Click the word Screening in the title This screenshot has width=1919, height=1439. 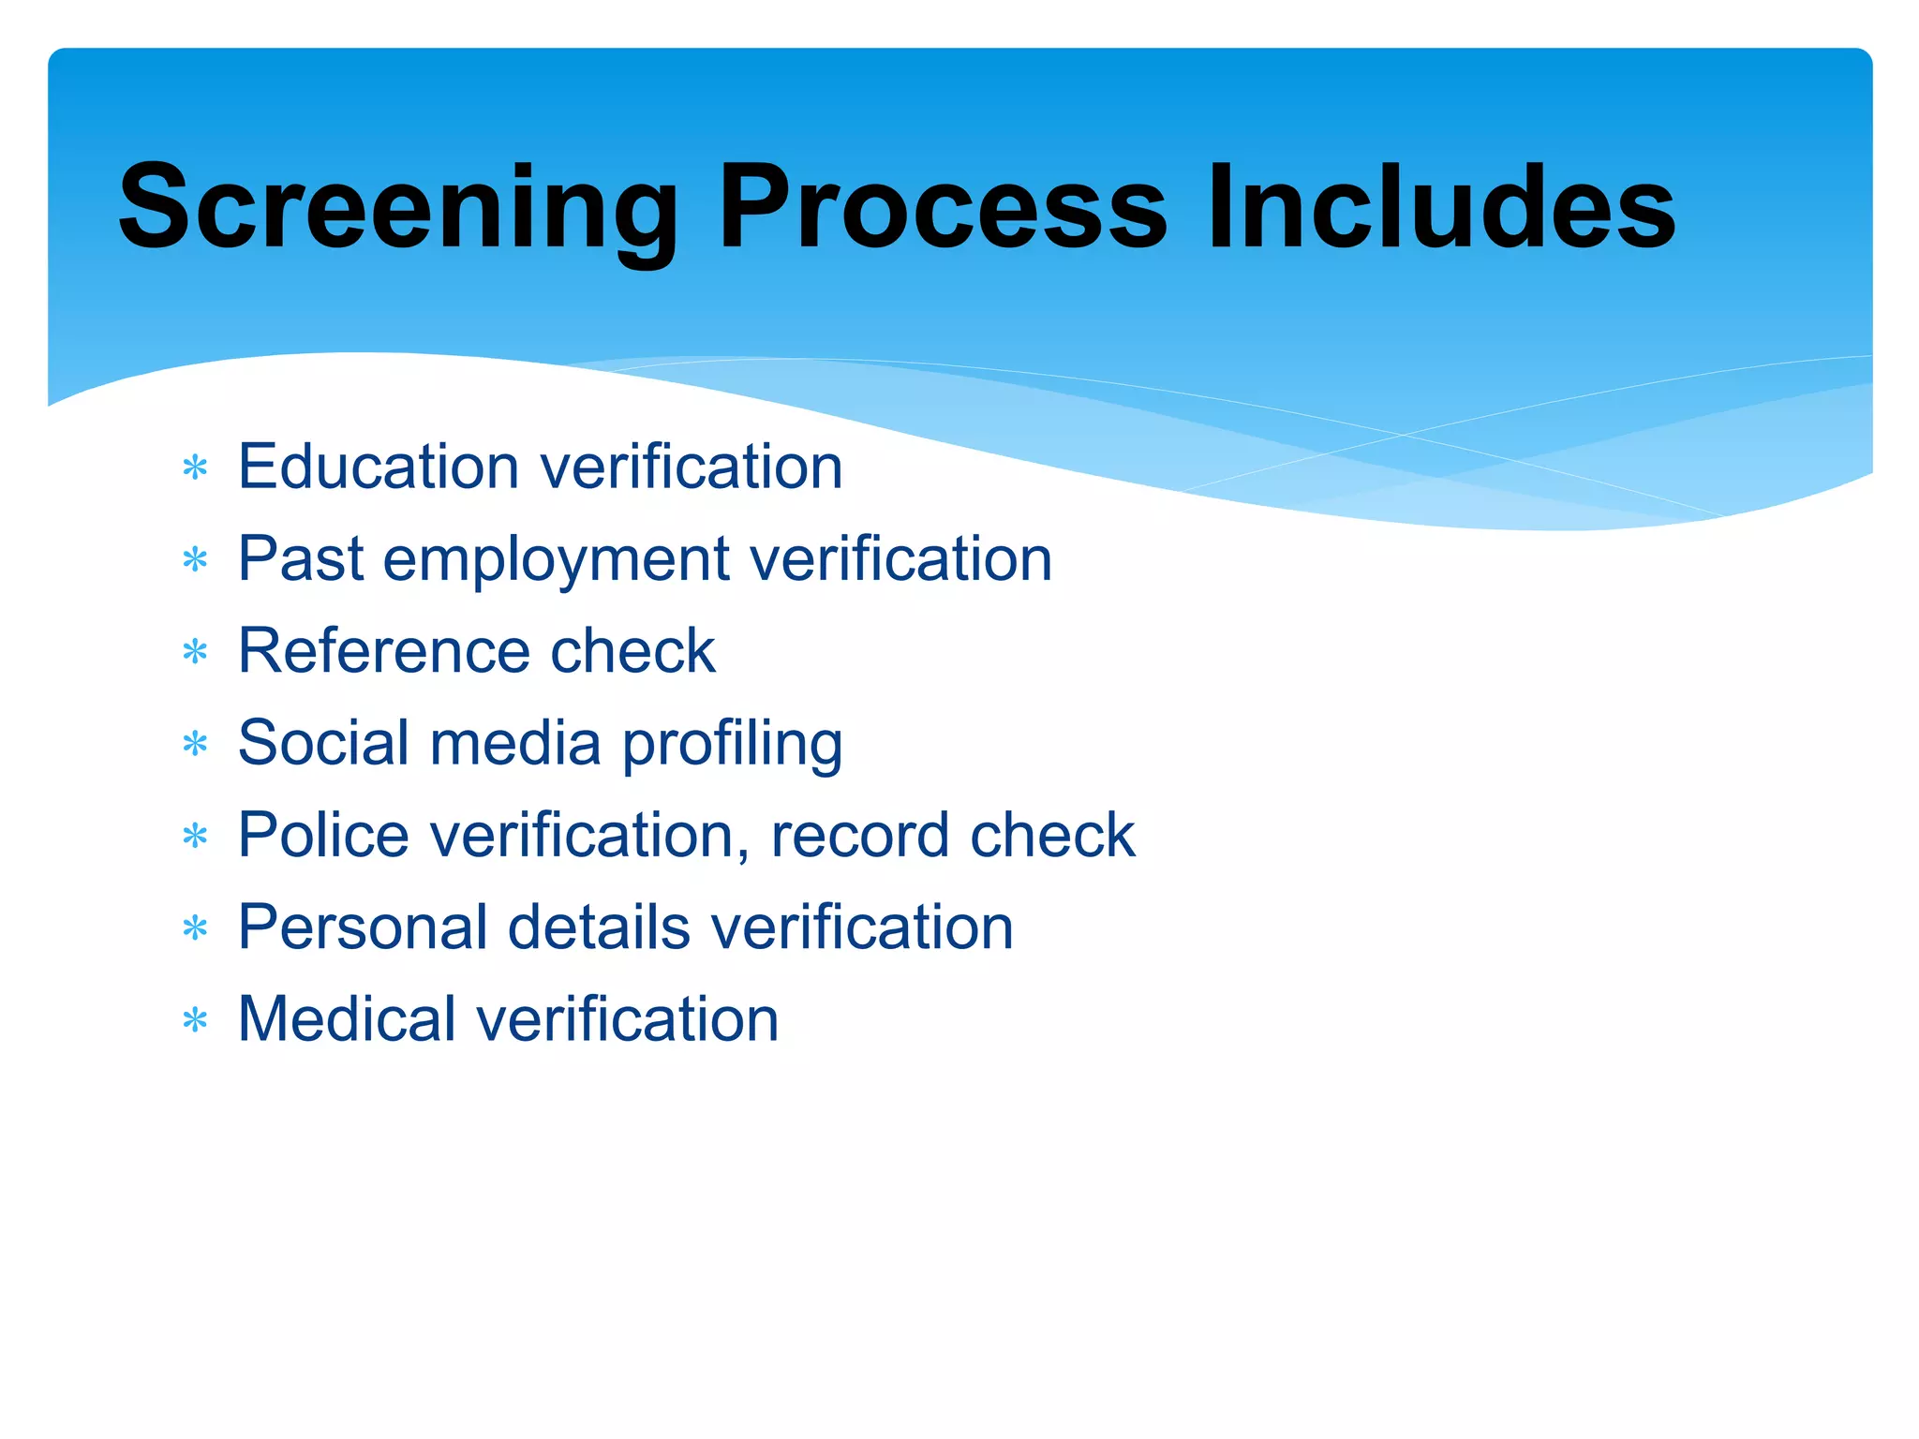coord(398,208)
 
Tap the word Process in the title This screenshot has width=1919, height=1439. coord(943,208)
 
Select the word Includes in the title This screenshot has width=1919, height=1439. coord(1441,208)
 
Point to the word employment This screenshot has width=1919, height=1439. coord(556,560)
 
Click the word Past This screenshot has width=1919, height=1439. coord(300,558)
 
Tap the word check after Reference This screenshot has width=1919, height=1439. coord(632,650)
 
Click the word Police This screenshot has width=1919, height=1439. coord(323,834)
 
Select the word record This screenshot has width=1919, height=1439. coord(859,835)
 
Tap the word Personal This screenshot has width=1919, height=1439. coord(362,927)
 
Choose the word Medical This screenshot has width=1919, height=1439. coord(347,1018)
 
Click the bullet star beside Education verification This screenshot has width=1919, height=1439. coord(195,467)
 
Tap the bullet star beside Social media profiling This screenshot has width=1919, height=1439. coord(195,744)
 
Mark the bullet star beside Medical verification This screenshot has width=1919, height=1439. coord(195,1020)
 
